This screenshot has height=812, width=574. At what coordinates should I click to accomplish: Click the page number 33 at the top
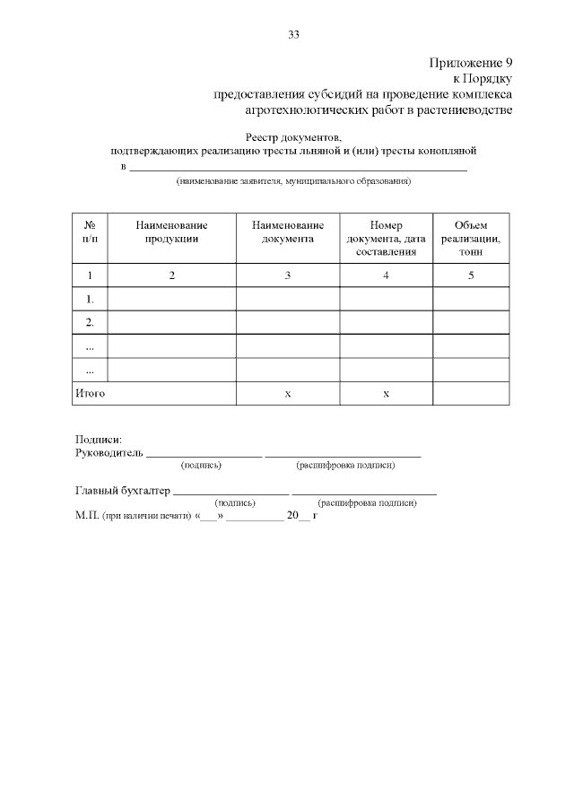click(x=293, y=35)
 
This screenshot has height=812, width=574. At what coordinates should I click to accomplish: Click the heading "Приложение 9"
click(x=471, y=63)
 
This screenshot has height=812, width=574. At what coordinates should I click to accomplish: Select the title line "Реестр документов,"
click(x=293, y=136)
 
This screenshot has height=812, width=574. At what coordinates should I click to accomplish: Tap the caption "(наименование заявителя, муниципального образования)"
click(x=293, y=181)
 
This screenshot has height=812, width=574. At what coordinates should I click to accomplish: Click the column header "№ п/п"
click(x=90, y=231)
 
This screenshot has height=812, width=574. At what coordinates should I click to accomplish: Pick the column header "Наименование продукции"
click(x=171, y=231)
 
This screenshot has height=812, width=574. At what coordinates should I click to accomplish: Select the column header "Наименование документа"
click(x=288, y=231)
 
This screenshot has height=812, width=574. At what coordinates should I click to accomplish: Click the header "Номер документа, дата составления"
click(x=386, y=238)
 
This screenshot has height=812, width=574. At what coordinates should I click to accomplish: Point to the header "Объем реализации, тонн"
click(x=471, y=238)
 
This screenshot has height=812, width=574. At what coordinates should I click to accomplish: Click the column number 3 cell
click(x=288, y=275)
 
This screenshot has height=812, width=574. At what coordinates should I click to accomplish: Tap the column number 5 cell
click(x=471, y=275)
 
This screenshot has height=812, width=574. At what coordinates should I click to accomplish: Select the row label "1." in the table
click(x=90, y=299)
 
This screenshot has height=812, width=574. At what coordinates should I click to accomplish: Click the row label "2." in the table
click(x=90, y=322)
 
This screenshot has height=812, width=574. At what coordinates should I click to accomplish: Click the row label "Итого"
click(x=90, y=393)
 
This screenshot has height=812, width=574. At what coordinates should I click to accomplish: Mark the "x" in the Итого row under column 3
click(x=288, y=394)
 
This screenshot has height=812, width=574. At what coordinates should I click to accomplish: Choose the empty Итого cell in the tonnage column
click(x=471, y=393)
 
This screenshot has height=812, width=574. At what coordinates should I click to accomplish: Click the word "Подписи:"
click(x=99, y=440)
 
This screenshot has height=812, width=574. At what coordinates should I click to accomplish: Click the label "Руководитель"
click(x=109, y=453)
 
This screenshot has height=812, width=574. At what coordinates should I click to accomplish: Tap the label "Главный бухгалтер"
click(x=122, y=491)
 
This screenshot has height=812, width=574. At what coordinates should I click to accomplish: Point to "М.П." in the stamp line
click(x=87, y=517)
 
